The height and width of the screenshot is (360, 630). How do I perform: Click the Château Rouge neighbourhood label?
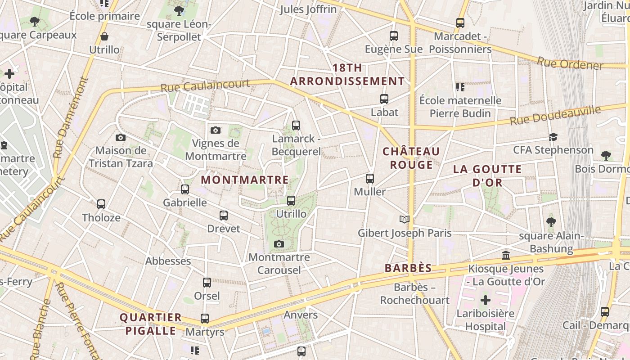click(411, 158)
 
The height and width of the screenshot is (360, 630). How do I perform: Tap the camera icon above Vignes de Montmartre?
click(216, 130)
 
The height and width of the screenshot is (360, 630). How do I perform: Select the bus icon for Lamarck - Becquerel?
click(296, 126)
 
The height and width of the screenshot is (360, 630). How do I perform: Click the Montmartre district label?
click(245, 180)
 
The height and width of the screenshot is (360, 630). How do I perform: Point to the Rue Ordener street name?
click(570, 63)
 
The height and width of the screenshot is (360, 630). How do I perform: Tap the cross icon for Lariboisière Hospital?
click(486, 300)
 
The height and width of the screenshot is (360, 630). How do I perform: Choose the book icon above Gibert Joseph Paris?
click(405, 220)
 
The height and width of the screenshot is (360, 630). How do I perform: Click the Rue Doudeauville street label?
click(555, 115)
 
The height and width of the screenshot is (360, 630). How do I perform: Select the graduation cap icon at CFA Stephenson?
click(553, 137)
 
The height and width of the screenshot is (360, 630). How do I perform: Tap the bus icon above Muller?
click(370, 179)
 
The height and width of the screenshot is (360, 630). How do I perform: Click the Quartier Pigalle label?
click(151, 324)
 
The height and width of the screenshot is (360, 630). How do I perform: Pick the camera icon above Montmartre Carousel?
click(279, 244)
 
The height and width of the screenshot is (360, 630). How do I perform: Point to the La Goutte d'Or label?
click(487, 176)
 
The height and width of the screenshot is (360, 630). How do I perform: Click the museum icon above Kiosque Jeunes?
click(506, 256)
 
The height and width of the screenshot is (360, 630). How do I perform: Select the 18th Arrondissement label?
click(347, 75)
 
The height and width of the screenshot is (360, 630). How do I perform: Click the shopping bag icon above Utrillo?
click(104, 36)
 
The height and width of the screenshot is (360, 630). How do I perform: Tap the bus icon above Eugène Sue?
click(394, 36)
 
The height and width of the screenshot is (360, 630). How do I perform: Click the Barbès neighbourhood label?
click(408, 268)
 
